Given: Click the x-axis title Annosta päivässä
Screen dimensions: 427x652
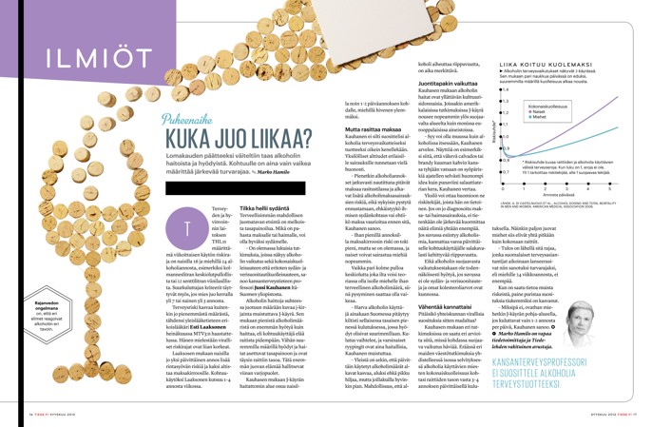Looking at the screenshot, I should tap(582, 196).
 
